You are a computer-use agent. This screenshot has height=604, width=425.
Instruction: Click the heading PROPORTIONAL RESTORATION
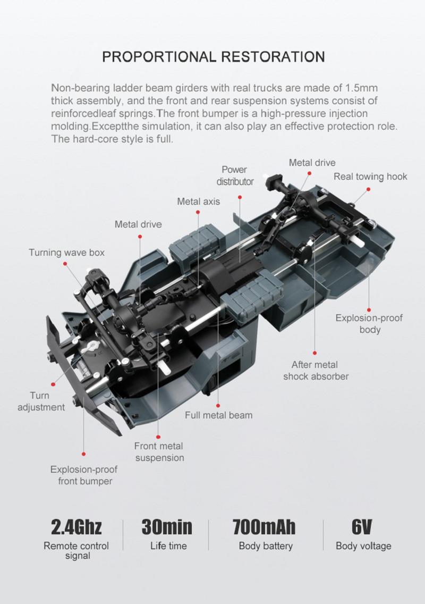(213, 56)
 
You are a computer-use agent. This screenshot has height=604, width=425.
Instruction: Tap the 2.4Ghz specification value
(76, 527)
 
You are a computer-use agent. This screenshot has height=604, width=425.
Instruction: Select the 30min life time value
(167, 527)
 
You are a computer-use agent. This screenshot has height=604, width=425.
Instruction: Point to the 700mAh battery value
(263, 527)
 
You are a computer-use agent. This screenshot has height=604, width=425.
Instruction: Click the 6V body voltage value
(362, 527)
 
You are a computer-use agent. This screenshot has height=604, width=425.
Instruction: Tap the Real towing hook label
(370, 177)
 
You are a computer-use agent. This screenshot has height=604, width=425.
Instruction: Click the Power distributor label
(235, 175)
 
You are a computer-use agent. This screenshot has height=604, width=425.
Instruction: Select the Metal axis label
(199, 202)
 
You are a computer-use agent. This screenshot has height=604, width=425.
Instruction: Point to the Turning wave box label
(66, 253)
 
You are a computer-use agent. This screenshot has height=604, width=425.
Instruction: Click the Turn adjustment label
(41, 401)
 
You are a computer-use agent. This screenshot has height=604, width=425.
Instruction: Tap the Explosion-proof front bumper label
(84, 475)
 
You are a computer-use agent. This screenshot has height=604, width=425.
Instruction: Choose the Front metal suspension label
(159, 452)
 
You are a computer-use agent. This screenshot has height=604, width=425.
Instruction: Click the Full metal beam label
(219, 415)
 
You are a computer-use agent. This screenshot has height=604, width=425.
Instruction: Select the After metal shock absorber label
(316, 371)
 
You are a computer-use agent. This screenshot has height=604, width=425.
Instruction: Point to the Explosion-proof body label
(369, 324)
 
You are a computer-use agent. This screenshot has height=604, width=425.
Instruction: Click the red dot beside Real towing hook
(368, 189)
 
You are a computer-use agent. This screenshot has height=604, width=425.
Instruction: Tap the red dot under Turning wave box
(65, 264)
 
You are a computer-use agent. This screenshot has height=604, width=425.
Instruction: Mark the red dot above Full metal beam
(218, 406)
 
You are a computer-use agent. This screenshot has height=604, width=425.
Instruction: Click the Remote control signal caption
(76, 550)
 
